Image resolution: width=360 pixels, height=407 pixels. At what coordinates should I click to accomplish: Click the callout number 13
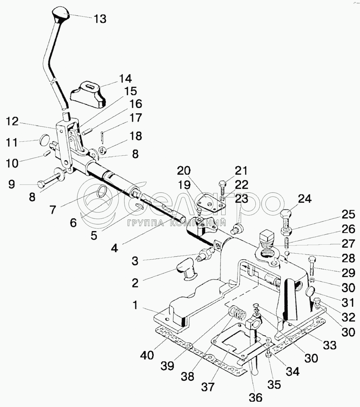click(100, 19)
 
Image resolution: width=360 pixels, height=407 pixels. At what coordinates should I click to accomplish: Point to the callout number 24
click(305, 199)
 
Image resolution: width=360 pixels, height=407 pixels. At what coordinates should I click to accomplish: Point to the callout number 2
click(135, 283)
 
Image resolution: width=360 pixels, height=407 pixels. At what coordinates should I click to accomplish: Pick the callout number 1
click(135, 305)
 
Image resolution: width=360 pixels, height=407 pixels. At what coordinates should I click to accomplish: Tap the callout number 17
click(136, 118)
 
